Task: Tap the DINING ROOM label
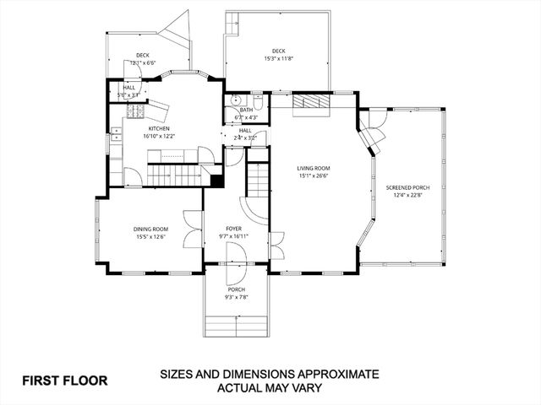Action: coord(150,229)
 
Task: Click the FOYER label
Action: coord(235,229)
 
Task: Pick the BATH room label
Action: coord(246,110)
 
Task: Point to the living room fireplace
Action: coord(309,102)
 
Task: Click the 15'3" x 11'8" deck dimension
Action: coord(279,58)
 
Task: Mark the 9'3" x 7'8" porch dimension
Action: coord(236,296)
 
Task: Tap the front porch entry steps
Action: coord(236,324)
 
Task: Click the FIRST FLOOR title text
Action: coord(65,380)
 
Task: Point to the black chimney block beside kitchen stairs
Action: coord(217,180)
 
